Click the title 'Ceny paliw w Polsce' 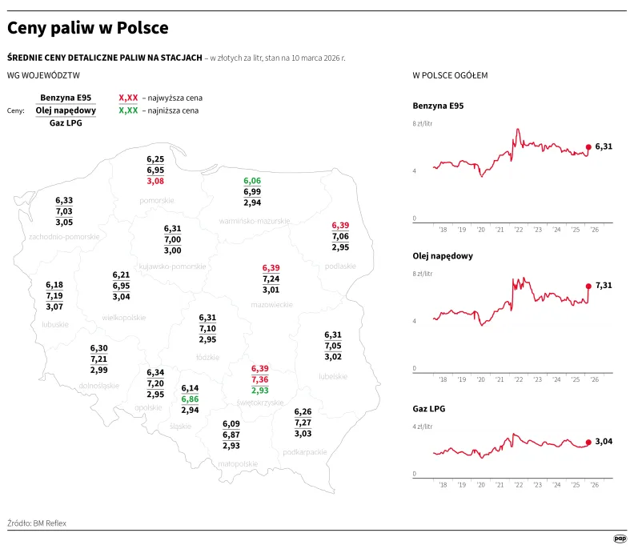(88, 28)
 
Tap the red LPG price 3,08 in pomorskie (155, 182)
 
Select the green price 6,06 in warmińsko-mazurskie (252, 182)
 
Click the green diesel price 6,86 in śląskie (190, 399)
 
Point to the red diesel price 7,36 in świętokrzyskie (260, 379)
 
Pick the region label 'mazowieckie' (271, 305)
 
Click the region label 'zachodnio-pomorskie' (64, 237)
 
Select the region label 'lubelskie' (332, 375)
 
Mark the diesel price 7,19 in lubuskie (54, 296)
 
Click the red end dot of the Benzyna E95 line (588, 146)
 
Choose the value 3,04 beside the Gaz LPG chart (604, 441)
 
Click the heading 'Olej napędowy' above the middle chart (442, 256)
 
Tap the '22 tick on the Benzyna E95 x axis (519, 230)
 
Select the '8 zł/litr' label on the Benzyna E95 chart (423, 124)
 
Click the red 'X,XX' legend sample (128, 98)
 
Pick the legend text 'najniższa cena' (171, 110)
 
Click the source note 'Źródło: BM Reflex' (38, 523)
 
